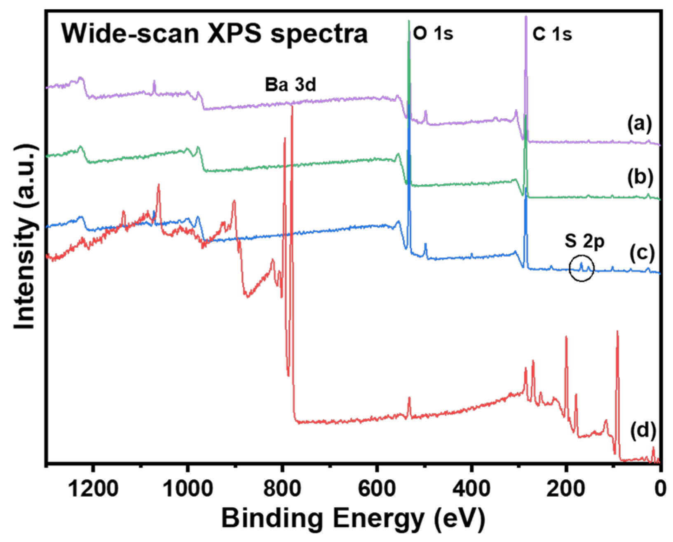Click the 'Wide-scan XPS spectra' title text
(214, 34)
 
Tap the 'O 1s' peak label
(433, 33)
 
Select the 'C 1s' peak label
(552, 34)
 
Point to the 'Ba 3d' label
(290, 85)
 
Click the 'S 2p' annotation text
(584, 242)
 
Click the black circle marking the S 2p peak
(581, 268)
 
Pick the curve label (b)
(640, 177)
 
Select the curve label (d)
(643, 430)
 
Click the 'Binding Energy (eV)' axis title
(353, 519)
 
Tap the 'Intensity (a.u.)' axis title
(25, 237)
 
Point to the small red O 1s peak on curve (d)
(409, 402)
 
